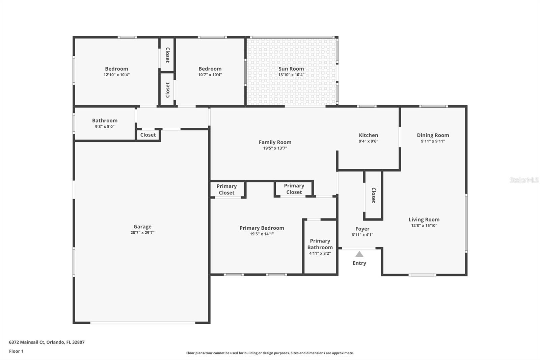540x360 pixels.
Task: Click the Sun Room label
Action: (291, 69)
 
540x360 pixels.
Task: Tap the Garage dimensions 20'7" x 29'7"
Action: (142, 233)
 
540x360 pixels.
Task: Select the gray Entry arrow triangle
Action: (359, 254)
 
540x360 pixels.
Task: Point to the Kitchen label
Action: (368, 135)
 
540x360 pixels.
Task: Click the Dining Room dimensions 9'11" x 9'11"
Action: (433, 141)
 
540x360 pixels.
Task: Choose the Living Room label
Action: (424, 220)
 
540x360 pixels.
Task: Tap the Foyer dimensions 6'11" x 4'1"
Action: (362, 234)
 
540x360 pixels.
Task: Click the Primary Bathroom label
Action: (320, 244)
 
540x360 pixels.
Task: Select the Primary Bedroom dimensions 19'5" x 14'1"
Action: (262, 234)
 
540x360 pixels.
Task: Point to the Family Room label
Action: (275, 142)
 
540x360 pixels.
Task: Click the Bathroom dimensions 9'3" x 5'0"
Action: (105, 126)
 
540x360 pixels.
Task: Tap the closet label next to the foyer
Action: (373, 195)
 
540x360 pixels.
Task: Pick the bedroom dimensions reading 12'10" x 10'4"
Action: (117, 75)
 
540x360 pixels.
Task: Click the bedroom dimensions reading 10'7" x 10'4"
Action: (210, 75)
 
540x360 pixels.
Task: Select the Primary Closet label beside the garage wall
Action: (226, 189)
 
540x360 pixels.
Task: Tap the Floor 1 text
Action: (17, 351)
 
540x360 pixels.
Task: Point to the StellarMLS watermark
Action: (524, 180)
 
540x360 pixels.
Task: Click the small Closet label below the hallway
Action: (148, 135)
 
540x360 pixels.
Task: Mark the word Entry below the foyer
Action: (359, 263)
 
